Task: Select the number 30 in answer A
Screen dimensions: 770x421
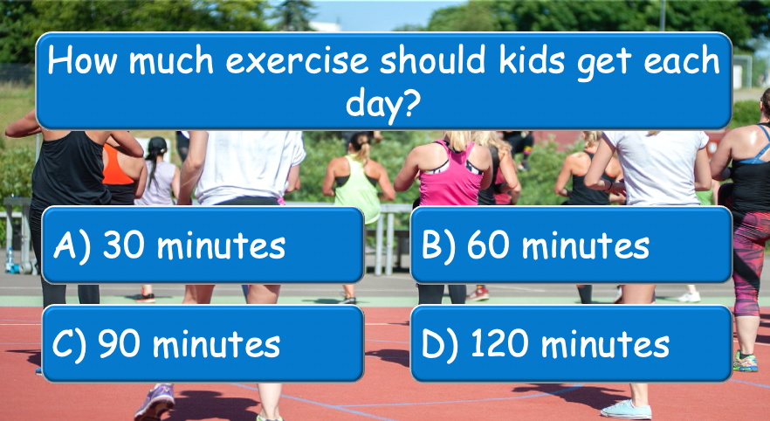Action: tap(124, 245)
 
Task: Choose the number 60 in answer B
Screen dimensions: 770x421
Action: tap(488, 245)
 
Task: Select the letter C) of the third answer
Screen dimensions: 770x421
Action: tap(70, 343)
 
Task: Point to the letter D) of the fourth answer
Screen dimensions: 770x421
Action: tap(439, 343)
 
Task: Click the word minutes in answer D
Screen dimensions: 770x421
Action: tap(606, 343)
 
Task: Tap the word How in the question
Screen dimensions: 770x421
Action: tap(81, 60)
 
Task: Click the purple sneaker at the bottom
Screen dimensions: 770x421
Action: tap(155, 401)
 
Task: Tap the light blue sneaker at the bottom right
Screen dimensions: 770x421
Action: tap(626, 409)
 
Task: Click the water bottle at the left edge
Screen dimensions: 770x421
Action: tap(10, 260)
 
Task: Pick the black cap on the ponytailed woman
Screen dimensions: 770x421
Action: tap(157, 145)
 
